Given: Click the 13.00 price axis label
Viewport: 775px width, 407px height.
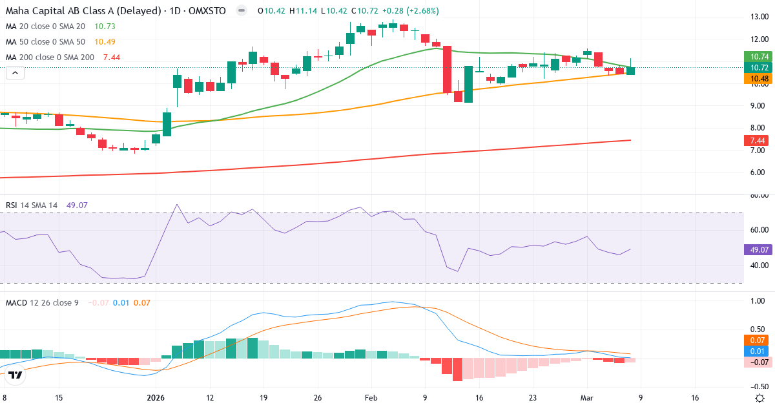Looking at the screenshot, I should point(756,17).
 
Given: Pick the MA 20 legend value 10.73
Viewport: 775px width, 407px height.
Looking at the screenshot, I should point(105,26).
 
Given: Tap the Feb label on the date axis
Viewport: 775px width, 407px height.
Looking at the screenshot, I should point(371,399).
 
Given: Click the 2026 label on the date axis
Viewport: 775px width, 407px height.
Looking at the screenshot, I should point(156,399).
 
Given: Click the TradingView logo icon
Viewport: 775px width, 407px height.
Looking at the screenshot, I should point(16,375).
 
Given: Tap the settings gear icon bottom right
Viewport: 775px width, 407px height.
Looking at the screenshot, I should point(760,398).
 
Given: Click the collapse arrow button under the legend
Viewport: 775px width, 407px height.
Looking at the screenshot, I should point(15,73).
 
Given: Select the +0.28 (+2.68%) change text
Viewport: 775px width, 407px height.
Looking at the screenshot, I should point(394,11).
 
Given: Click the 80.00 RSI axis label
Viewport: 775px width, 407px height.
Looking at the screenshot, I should point(756,195).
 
